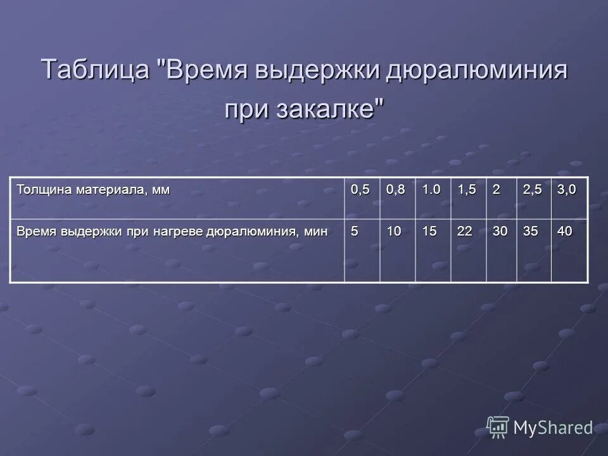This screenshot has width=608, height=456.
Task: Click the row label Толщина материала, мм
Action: (93, 190)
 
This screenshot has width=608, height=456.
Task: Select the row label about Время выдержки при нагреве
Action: (172, 232)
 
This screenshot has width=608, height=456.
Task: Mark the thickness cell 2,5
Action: (532, 190)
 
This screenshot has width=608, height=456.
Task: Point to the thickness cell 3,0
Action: (567, 190)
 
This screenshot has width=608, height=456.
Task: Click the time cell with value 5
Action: (355, 232)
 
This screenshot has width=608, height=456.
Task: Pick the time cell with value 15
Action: (429, 232)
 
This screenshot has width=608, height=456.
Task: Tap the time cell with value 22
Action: (465, 232)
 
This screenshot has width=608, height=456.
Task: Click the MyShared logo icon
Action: (498, 427)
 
